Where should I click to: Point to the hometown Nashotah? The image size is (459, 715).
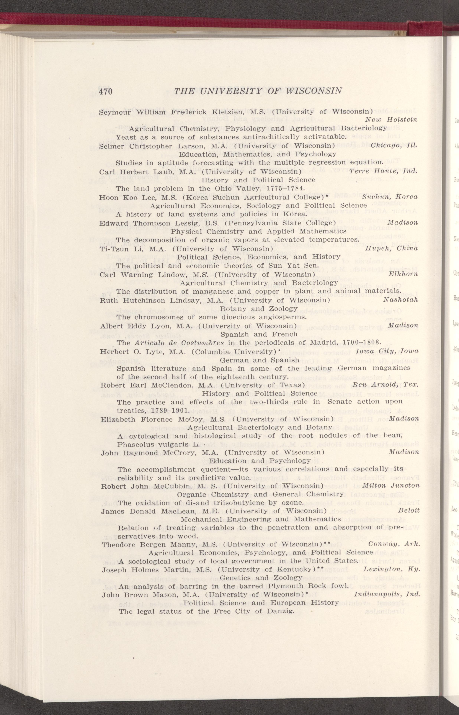(400, 300)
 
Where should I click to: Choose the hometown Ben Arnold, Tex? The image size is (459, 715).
(385, 385)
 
